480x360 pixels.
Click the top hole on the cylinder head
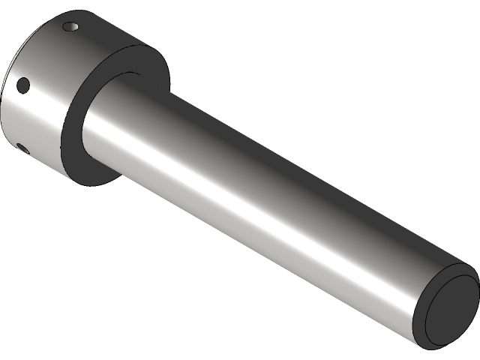[x=72, y=27]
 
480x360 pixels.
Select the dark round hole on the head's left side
[x=23, y=85]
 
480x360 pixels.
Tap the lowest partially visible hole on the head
[x=20, y=146]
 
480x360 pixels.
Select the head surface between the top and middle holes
[x=45, y=56]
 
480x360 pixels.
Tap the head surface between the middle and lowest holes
[x=22, y=116]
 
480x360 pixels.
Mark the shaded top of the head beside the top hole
[x=97, y=30]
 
